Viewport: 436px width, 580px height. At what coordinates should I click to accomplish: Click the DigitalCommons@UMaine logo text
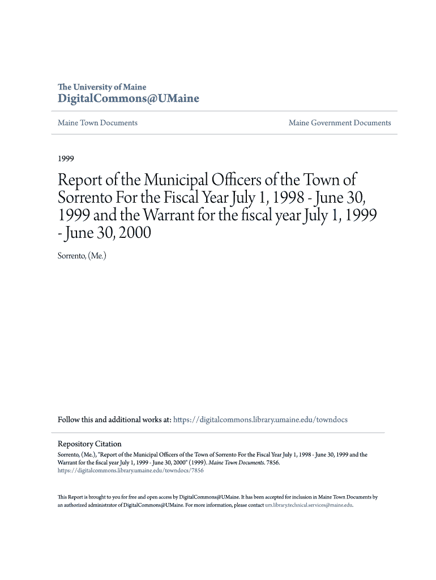pos(129,99)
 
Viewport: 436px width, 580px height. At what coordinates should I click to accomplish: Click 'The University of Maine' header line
pos(102,87)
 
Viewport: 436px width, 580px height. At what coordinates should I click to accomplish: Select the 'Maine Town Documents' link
pos(97,123)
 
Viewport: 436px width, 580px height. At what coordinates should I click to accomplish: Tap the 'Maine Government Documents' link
pos(340,123)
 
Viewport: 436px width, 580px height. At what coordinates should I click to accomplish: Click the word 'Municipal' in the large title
pos(176,181)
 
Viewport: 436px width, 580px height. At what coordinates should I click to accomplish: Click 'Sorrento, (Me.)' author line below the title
pos(82,256)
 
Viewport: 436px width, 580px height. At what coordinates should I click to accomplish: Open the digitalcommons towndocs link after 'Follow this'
pos(260,420)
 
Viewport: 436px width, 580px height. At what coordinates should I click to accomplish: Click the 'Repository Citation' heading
pos(89,444)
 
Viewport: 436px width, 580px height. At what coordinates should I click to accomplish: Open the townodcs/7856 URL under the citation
pos(131,470)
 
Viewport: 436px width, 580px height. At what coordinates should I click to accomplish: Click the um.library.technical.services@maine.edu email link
pos(309,505)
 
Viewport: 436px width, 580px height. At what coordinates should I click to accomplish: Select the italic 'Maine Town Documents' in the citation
pos(234,462)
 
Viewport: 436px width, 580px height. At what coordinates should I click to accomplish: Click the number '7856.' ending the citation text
pos(272,462)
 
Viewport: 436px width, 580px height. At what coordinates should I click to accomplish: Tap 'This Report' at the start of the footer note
pos(71,497)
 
